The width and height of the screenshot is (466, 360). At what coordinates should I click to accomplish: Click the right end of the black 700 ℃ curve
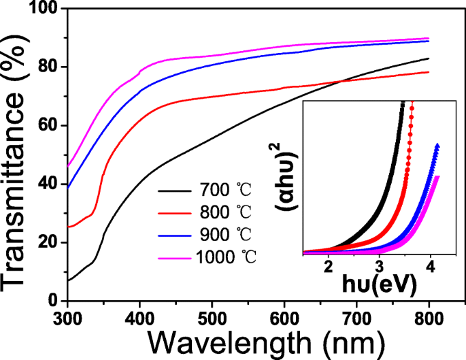tap(429, 59)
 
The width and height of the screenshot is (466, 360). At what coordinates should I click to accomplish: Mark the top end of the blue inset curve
tap(437, 145)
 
